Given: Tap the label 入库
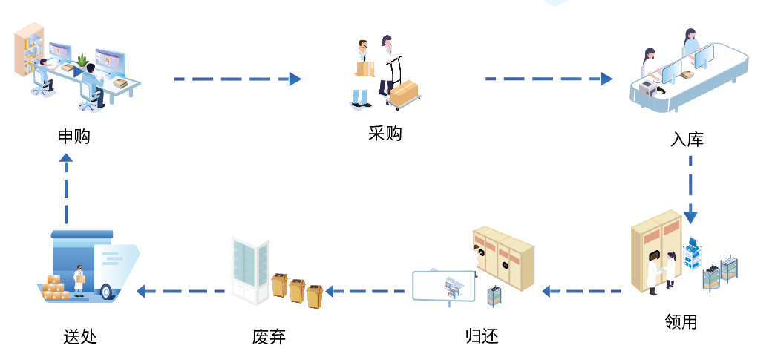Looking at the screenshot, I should [x=687, y=139].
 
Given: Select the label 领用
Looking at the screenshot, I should [x=681, y=321].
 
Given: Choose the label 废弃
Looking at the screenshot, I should [x=269, y=336].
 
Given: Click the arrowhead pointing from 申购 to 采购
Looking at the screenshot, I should [x=295, y=79].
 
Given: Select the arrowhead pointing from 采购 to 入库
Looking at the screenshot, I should [x=606, y=79].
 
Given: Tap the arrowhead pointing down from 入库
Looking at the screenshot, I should [x=690, y=217].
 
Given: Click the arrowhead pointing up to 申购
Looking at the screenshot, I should [x=66, y=158].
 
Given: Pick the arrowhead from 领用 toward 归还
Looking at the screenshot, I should [x=547, y=291].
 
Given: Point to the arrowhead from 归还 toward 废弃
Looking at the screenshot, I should [x=332, y=291].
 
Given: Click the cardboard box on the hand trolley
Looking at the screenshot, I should [x=405, y=94].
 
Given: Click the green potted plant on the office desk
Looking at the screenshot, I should [x=82, y=60].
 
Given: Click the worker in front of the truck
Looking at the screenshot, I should [x=79, y=280].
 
